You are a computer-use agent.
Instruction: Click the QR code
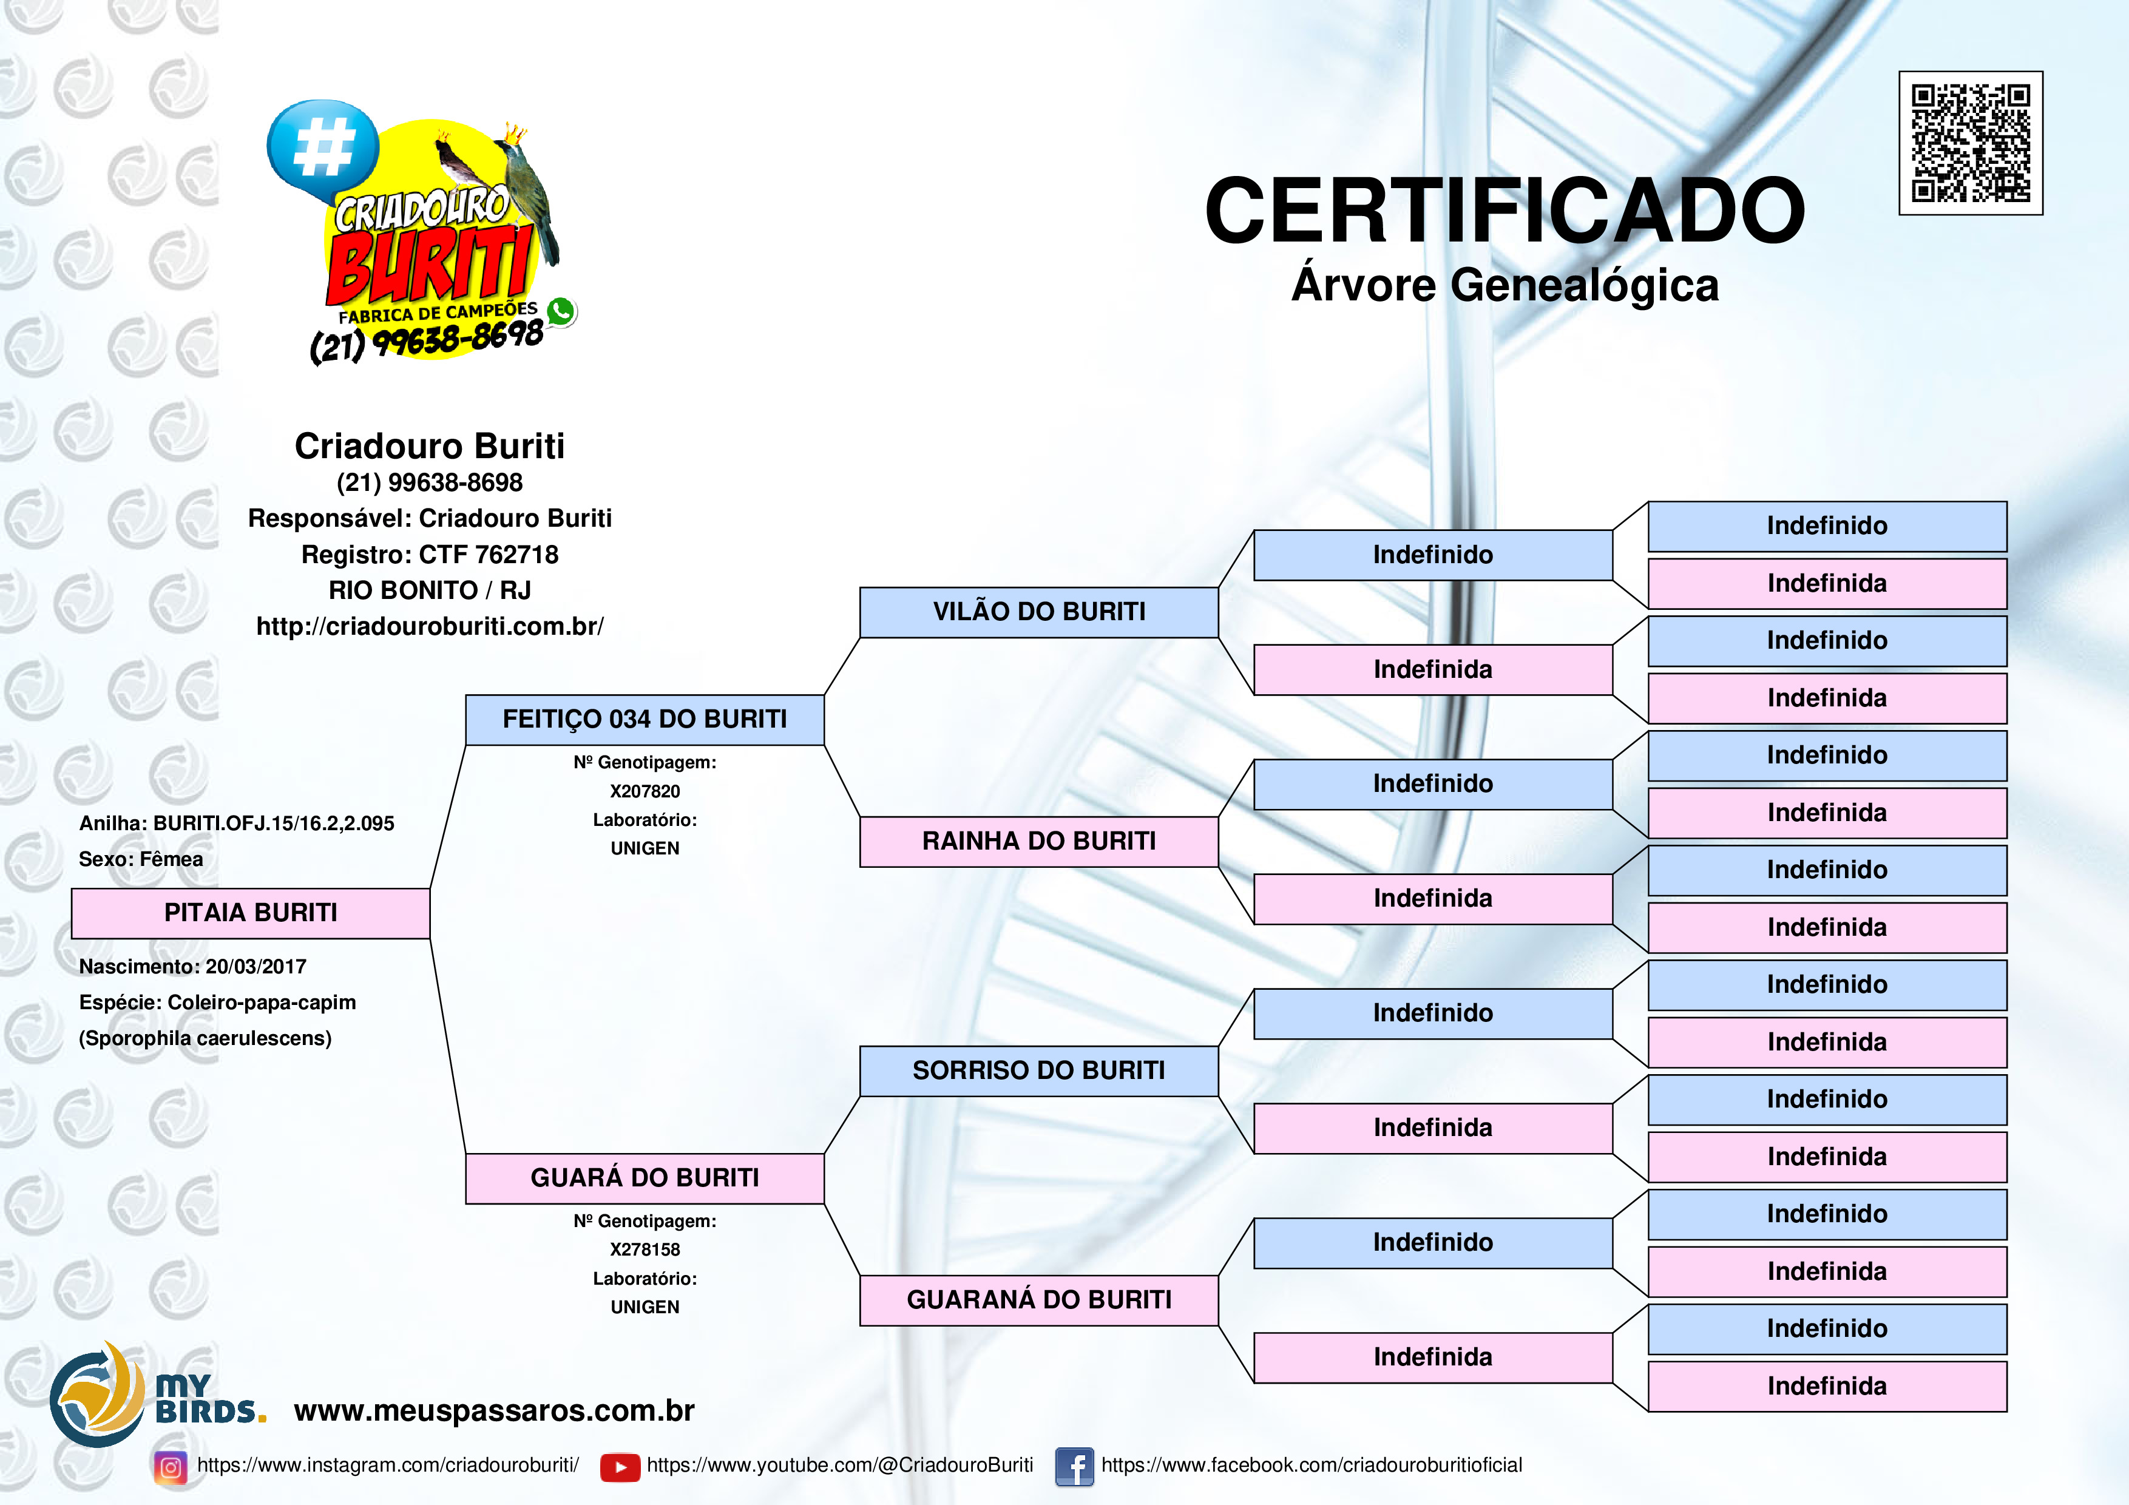point(1971,143)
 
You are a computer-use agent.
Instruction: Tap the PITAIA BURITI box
point(251,913)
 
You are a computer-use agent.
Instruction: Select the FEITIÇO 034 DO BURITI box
point(645,720)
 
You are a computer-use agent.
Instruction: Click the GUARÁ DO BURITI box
point(645,1179)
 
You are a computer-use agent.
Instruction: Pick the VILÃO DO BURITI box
point(1038,612)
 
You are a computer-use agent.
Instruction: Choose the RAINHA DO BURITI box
point(1038,841)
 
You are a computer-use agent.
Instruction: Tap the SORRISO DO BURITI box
point(1038,1071)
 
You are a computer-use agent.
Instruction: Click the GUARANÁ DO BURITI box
point(1038,1300)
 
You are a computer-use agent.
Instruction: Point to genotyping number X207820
point(645,791)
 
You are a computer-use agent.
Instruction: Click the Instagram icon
point(171,1467)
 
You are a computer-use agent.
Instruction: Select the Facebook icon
point(1075,1467)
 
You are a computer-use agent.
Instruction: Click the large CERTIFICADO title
point(1505,211)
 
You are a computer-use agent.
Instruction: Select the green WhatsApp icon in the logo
point(561,311)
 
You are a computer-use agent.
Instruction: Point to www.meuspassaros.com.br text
point(494,1410)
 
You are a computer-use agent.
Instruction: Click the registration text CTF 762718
point(489,555)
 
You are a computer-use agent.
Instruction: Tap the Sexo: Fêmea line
point(141,859)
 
